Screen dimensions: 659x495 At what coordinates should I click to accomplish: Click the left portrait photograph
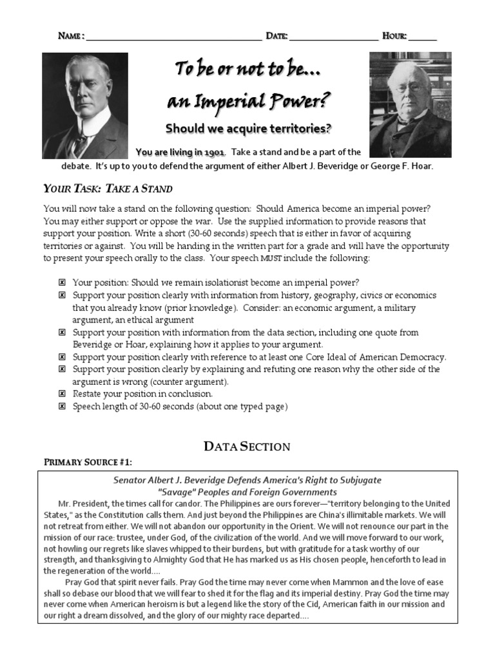pos(85,106)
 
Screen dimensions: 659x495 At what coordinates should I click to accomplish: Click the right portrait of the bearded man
pos(410,104)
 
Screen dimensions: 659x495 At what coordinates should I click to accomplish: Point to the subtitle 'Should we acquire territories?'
pos(248,129)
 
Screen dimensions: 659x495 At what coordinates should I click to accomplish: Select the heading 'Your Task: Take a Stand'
pos(108,189)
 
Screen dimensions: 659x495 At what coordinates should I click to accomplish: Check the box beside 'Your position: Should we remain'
pos(62,283)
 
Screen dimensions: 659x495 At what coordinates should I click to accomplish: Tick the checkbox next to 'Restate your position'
pos(62,394)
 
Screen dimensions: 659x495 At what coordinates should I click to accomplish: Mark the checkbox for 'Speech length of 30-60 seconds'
pos(62,407)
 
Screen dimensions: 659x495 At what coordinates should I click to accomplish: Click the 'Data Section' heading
pos(247,446)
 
